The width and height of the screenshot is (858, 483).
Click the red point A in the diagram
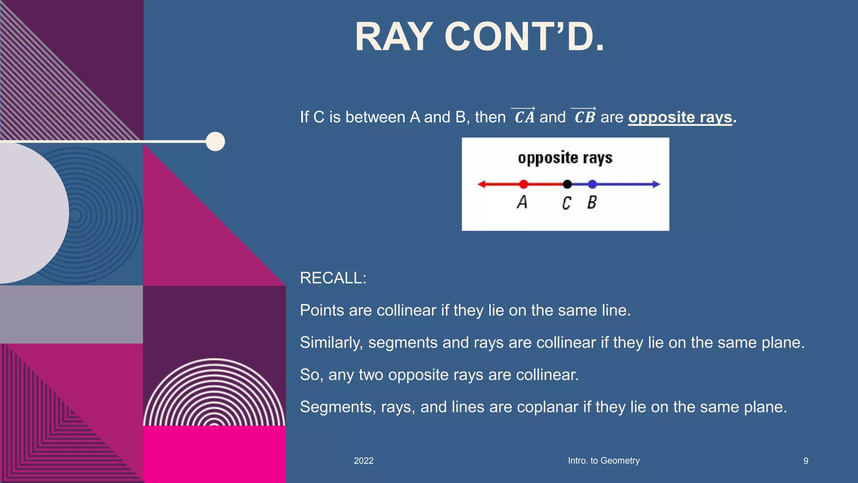click(523, 184)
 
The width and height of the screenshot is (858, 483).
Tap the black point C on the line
click(567, 184)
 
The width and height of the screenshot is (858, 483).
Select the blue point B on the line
click(592, 184)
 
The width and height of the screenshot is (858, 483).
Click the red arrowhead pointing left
click(482, 184)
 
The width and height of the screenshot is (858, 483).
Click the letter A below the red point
click(522, 202)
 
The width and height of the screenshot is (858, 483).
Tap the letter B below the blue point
click(592, 203)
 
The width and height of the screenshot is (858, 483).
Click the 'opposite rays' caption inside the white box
click(565, 158)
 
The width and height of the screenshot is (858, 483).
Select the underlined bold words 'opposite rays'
click(680, 117)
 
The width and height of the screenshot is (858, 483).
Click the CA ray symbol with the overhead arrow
click(524, 116)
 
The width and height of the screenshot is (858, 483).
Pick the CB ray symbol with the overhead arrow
click(584, 116)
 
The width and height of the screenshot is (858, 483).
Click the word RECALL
click(333, 278)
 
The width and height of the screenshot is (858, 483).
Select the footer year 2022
click(363, 461)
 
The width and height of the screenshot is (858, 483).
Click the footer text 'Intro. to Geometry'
click(603, 460)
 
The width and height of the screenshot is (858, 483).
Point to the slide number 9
click(806, 461)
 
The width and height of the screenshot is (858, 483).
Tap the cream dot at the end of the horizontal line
click(215, 141)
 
